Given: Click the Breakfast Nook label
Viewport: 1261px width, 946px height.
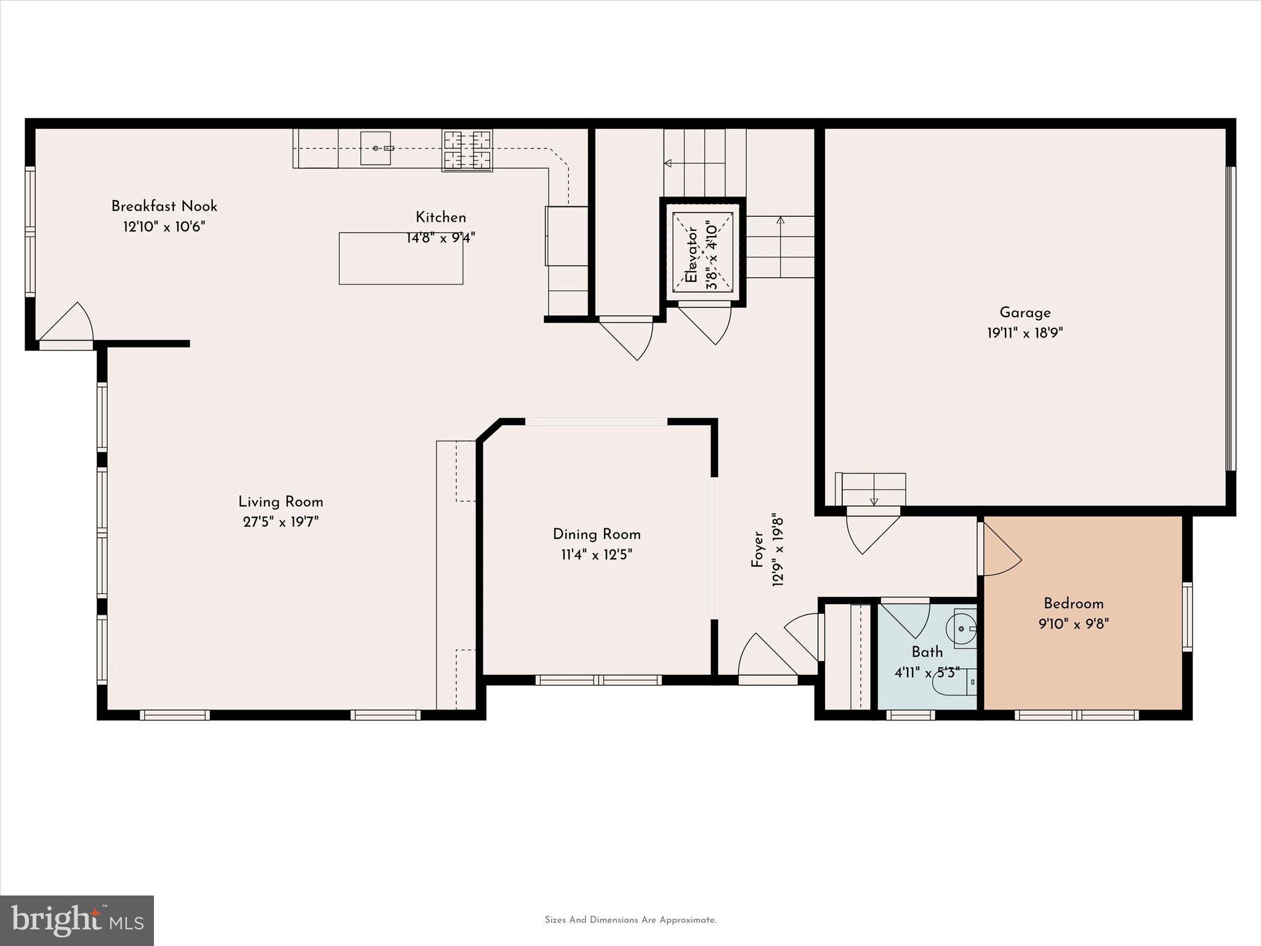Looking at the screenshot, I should (164, 206).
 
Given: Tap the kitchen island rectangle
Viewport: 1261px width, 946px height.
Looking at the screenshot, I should (401, 259).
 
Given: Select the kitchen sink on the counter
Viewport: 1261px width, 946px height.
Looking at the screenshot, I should (376, 148).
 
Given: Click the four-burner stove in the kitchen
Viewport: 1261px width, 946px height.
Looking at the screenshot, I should (467, 150).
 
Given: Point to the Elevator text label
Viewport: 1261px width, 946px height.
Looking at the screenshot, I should (692, 254).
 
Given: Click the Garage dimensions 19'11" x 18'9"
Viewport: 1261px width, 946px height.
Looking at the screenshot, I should (1025, 333).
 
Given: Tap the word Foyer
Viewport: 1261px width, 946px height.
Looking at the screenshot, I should (757, 550).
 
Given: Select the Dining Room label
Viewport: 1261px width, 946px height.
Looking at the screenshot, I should (597, 535).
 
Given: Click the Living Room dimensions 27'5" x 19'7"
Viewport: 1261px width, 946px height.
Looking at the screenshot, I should (281, 522).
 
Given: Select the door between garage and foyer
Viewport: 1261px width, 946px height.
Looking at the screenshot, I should (871, 530).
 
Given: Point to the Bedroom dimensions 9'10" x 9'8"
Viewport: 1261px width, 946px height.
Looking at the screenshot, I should (1073, 624).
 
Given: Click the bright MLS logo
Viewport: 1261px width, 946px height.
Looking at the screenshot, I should (77, 920).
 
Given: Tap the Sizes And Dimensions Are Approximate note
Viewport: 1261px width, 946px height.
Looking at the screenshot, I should (630, 920).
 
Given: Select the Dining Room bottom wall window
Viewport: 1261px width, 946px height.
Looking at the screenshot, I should (598, 680).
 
